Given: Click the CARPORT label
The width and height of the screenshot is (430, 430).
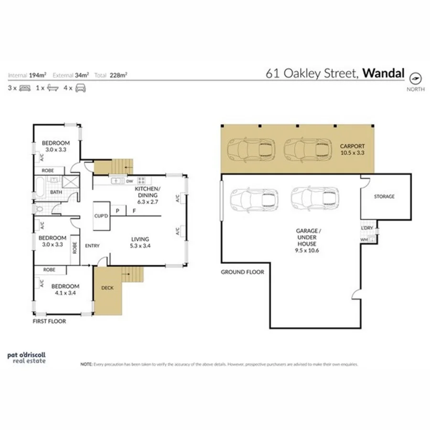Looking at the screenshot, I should click(x=352, y=146).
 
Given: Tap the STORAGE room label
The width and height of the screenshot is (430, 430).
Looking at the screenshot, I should click(x=384, y=196).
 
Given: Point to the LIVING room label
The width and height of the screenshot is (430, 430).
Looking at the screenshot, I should click(x=140, y=239).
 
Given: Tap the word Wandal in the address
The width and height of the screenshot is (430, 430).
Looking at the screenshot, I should click(x=384, y=74).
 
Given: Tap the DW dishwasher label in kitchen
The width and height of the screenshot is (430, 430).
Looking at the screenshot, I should click(x=129, y=182).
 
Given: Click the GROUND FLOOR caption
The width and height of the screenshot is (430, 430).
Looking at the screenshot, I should click(x=242, y=272).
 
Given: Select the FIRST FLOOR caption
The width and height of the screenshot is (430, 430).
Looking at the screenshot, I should click(x=50, y=322).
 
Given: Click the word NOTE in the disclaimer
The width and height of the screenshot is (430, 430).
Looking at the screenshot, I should click(x=86, y=364).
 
